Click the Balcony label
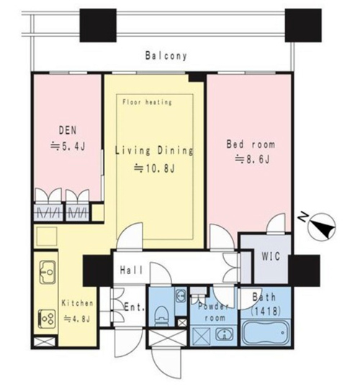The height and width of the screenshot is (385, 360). coord(166,56)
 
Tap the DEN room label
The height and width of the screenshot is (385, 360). coord(68,130)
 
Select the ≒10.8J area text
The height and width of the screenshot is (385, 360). coord(154,168)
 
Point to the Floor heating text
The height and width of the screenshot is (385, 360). coord(147,102)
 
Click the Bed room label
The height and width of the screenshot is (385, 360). coord(251,144)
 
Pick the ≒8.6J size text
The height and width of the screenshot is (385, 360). coord(253,159)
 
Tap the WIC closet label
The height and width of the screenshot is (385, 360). coord(271,257)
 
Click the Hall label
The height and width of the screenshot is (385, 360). coord(131,271)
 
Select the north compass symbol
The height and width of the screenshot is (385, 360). coord(322,227)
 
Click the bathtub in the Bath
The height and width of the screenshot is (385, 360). coord(266,333)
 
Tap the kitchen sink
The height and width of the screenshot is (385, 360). coord(48,272)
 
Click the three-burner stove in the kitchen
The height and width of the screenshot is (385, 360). coord(47,319)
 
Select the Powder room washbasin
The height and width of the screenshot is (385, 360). coord(225,334)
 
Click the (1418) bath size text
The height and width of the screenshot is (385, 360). coord(266,312)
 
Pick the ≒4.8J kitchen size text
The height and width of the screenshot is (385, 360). coord(77,319)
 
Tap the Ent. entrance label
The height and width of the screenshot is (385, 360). coord(134,307)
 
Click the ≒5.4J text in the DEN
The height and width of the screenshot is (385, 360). coord(68,146)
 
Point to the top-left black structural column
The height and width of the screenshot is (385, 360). coord(98,25)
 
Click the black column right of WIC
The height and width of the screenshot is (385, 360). coord(304,271)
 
